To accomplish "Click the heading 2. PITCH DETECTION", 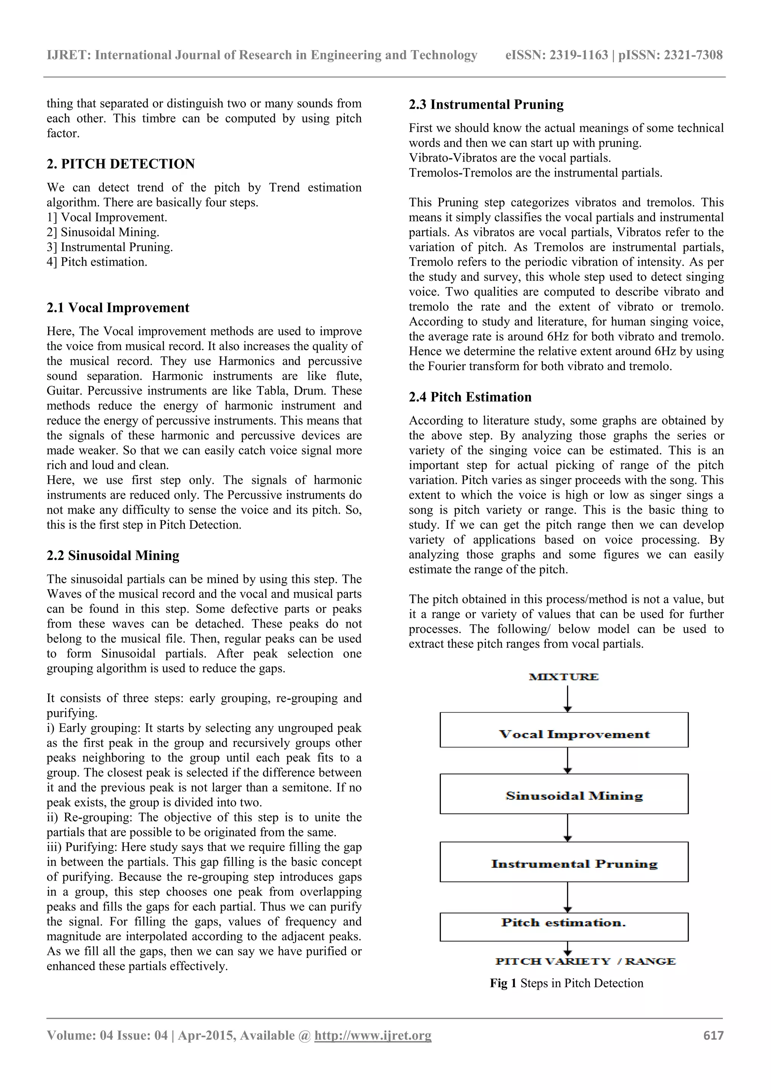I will (121, 164).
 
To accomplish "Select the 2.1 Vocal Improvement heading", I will (118, 308).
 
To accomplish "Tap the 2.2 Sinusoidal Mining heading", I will (113, 555).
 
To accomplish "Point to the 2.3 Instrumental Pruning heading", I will (486, 105).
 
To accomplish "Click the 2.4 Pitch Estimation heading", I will (470, 397).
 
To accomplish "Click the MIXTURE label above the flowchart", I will (564, 676).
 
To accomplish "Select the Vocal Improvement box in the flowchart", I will (564, 734).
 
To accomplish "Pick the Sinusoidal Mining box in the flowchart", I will (564, 796).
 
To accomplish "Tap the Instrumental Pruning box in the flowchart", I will (564, 863).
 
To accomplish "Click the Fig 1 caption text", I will (566, 983).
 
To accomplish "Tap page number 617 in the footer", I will (713, 1035).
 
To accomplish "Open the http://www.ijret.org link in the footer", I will (373, 1035).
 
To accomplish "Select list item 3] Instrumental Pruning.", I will (110, 247).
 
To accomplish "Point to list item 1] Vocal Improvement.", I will (107, 217).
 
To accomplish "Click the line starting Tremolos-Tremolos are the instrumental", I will (535, 173).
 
